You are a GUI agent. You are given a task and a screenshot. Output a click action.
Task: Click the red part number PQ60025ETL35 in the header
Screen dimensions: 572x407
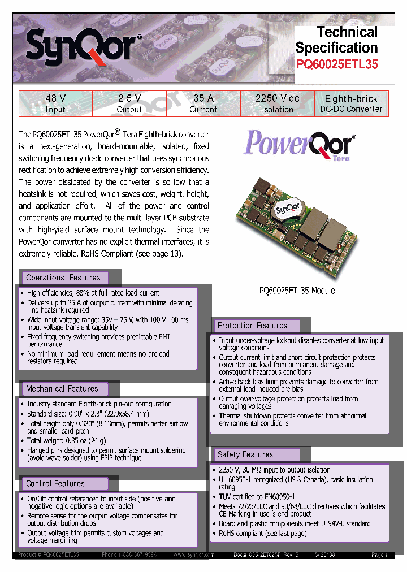pyautogui.click(x=337, y=64)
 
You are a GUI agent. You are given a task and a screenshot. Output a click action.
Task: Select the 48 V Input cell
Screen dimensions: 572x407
pyautogui.click(x=55, y=103)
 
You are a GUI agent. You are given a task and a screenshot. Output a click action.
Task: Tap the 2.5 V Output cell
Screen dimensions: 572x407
pyautogui.click(x=129, y=103)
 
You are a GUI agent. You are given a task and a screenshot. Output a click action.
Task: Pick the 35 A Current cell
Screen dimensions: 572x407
pyautogui.click(x=203, y=103)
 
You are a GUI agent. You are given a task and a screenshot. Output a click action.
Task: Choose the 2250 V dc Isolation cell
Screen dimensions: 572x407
pyautogui.click(x=277, y=103)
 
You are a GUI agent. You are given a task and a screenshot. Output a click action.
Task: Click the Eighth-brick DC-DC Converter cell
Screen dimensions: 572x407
pyautogui.click(x=351, y=103)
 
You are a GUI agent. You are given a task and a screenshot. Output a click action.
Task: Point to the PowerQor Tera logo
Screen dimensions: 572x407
pyautogui.click(x=300, y=145)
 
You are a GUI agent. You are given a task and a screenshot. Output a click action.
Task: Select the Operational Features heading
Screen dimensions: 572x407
pyautogui.click(x=63, y=278)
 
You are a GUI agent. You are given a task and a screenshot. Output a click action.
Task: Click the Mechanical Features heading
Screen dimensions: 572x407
pyautogui.click(x=62, y=389)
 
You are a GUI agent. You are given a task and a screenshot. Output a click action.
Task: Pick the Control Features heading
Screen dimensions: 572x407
pyautogui.click(x=55, y=484)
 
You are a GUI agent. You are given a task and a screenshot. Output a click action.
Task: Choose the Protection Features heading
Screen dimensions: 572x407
pyautogui.click(x=252, y=326)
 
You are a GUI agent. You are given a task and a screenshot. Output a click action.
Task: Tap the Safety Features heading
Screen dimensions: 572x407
pyautogui.click(x=245, y=454)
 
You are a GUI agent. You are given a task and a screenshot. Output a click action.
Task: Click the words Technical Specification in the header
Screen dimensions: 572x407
pyautogui.click(x=336, y=40)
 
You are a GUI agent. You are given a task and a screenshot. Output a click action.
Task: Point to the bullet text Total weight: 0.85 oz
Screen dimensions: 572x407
pyautogui.click(x=66, y=440)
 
